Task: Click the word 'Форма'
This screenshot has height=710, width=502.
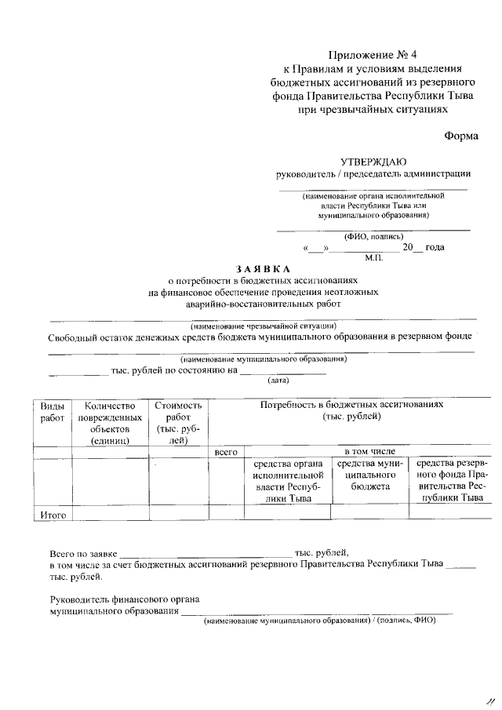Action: coord(461,135)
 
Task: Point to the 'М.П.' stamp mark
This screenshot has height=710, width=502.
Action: coord(373,257)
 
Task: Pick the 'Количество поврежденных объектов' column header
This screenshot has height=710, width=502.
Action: coord(111,423)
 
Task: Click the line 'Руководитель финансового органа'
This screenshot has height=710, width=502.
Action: coord(124,600)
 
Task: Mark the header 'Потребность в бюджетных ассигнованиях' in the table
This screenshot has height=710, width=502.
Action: coord(351,404)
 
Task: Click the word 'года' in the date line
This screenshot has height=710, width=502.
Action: coord(435,248)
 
